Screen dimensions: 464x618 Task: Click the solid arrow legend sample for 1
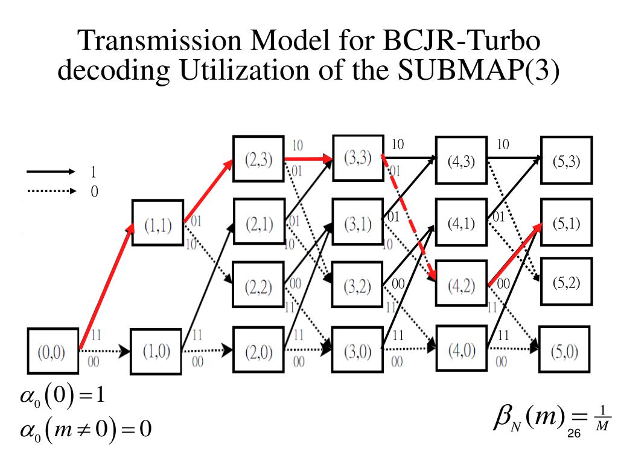[49, 172]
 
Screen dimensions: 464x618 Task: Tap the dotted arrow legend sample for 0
[49, 192]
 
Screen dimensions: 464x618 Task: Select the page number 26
[574, 433]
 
